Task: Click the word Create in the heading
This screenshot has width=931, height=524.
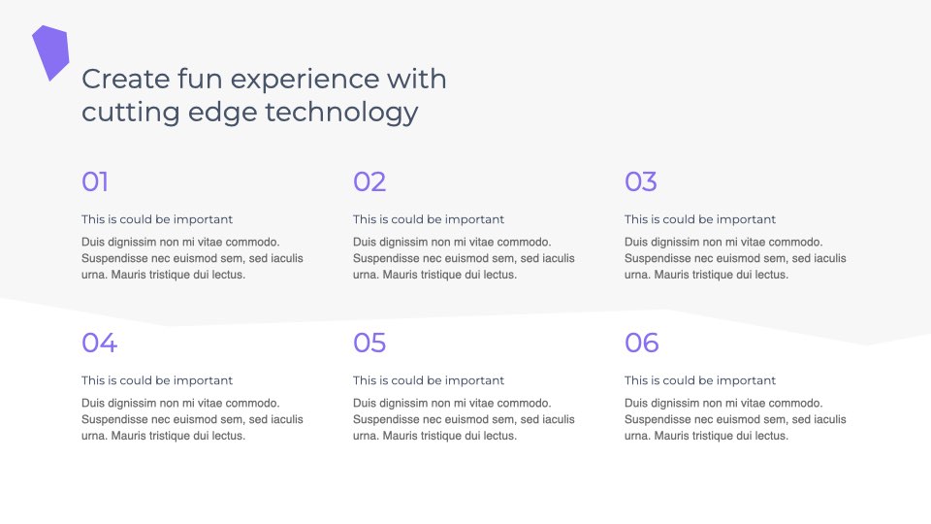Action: (x=126, y=79)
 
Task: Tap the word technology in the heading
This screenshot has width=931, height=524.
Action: (x=341, y=113)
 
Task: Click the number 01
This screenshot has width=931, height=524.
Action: (x=95, y=181)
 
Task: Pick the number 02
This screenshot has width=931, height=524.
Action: (x=369, y=181)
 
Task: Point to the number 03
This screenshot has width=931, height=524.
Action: (x=641, y=181)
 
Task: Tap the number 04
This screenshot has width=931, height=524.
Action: (x=99, y=343)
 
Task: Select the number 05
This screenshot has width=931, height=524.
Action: (x=369, y=343)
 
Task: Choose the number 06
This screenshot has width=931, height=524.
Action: (x=641, y=343)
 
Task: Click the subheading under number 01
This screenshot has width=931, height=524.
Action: (x=157, y=219)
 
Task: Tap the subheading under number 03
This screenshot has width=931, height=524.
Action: (x=700, y=219)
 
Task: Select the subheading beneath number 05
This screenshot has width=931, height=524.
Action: (x=429, y=380)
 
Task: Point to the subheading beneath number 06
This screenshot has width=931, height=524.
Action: (x=700, y=380)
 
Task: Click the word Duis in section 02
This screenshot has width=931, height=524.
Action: (x=365, y=242)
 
